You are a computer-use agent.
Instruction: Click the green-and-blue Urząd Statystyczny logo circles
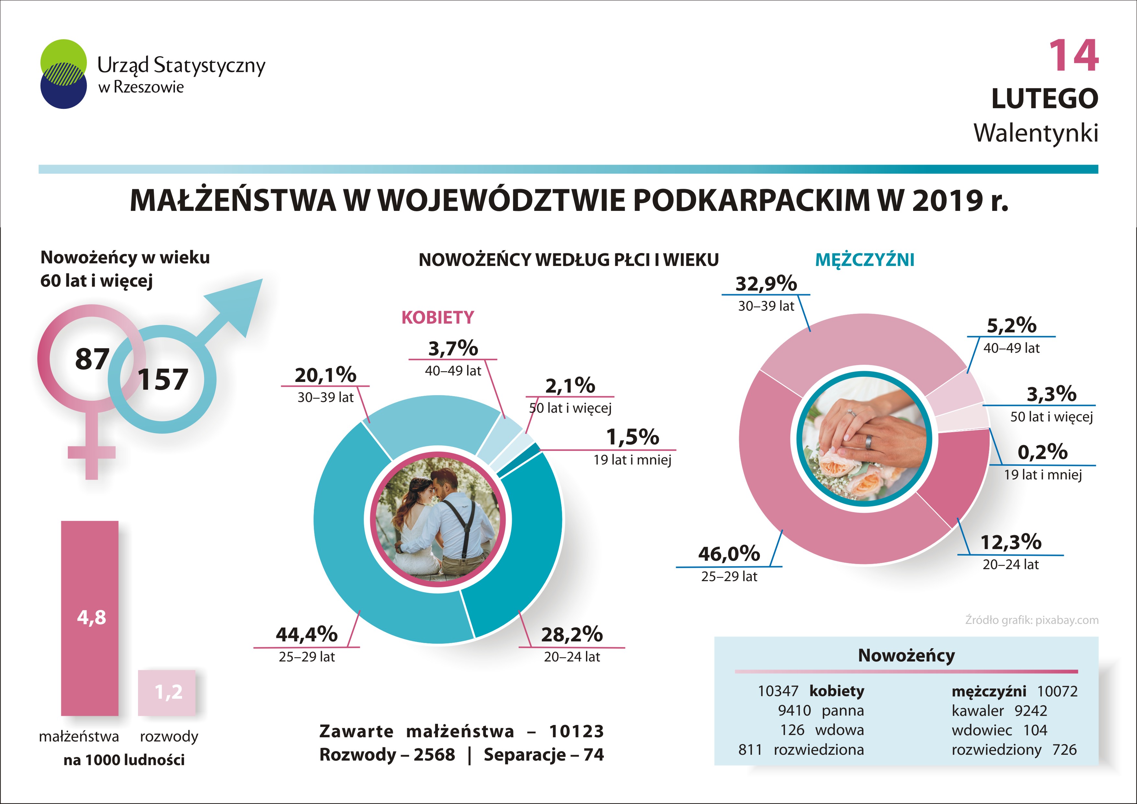(x=63, y=74)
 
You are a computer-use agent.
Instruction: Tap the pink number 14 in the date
(x=1073, y=56)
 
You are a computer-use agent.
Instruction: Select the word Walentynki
(x=1036, y=133)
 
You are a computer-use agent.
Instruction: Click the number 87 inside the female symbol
(x=92, y=359)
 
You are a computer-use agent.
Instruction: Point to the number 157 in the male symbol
(x=163, y=380)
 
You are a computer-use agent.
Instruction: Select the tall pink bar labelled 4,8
(x=90, y=618)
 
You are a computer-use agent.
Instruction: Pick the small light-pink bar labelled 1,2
(x=167, y=693)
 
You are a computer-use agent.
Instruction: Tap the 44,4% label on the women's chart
(x=306, y=634)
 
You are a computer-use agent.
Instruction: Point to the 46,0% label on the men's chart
(x=729, y=554)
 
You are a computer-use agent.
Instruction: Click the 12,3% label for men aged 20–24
(x=1011, y=542)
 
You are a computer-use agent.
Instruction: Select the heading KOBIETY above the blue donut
(x=438, y=317)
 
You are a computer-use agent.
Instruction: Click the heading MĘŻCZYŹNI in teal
(x=865, y=260)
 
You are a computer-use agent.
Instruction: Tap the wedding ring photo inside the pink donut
(x=864, y=440)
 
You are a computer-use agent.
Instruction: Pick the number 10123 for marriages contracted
(x=576, y=731)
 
